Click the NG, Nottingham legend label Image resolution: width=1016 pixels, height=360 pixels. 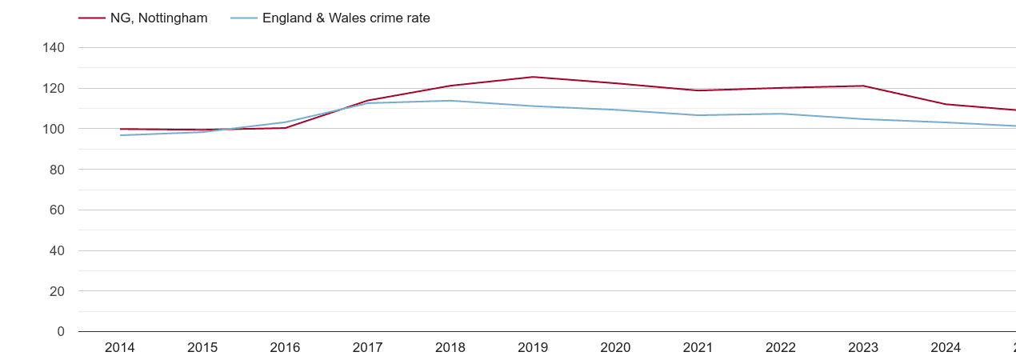tap(158, 18)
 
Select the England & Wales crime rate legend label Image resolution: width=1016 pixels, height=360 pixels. tap(346, 18)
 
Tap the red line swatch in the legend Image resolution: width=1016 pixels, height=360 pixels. tap(92, 18)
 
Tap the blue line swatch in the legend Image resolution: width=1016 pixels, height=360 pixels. tap(244, 18)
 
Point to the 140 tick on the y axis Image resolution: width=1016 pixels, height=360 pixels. tap(54, 48)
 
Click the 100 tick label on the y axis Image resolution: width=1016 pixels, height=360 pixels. tap(54, 129)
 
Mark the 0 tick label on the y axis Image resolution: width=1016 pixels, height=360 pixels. tap(61, 332)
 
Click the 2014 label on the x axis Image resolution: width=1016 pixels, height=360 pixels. tap(120, 348)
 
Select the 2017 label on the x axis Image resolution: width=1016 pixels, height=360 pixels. tap(368, 348)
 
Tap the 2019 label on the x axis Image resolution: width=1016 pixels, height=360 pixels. tap(533, 348)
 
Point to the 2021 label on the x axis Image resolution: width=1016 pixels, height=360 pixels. tap(698, 348)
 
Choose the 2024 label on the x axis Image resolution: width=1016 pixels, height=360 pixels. tap(946, 348)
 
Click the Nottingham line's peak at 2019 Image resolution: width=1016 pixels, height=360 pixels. tap(533, 77)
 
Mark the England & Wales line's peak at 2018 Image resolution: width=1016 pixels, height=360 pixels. tap(450, 101)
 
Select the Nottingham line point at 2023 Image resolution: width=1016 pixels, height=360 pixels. tap(863, 86)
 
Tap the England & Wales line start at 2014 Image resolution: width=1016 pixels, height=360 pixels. tap(120, 135)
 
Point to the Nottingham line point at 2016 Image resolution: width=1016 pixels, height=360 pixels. tap(286, 128)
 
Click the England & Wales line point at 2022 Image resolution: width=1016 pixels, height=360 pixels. tap(781, 114)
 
